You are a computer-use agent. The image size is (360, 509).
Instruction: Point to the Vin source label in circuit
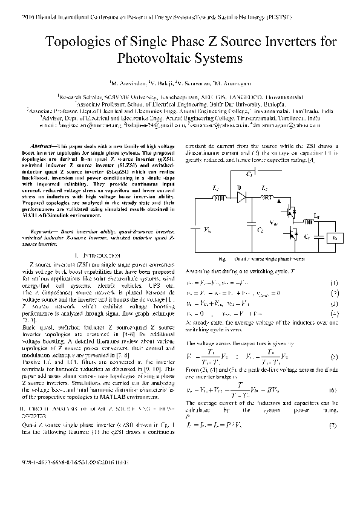208,230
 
